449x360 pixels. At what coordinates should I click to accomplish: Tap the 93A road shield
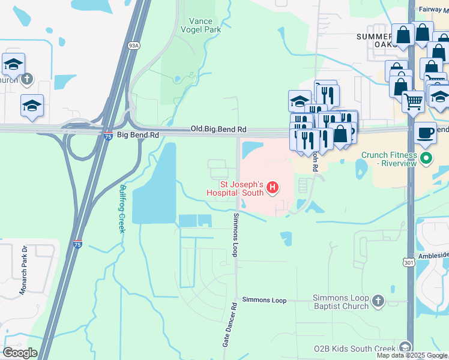point(134,45)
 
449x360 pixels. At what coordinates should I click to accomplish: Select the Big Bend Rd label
point(137,136)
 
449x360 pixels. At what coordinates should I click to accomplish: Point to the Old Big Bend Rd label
point(218,129)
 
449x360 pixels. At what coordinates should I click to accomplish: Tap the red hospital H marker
point(273,188)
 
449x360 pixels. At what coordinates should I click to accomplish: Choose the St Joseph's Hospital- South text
point(235,188)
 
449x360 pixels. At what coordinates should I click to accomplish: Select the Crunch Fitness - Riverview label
point(389,159)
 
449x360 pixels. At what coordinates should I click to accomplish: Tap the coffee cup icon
point(426,133)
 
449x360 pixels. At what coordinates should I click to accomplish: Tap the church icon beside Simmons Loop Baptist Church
point(378,301)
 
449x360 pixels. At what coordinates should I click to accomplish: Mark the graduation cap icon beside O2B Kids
point(405,348)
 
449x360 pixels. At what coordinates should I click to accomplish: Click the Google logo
point(20,353)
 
